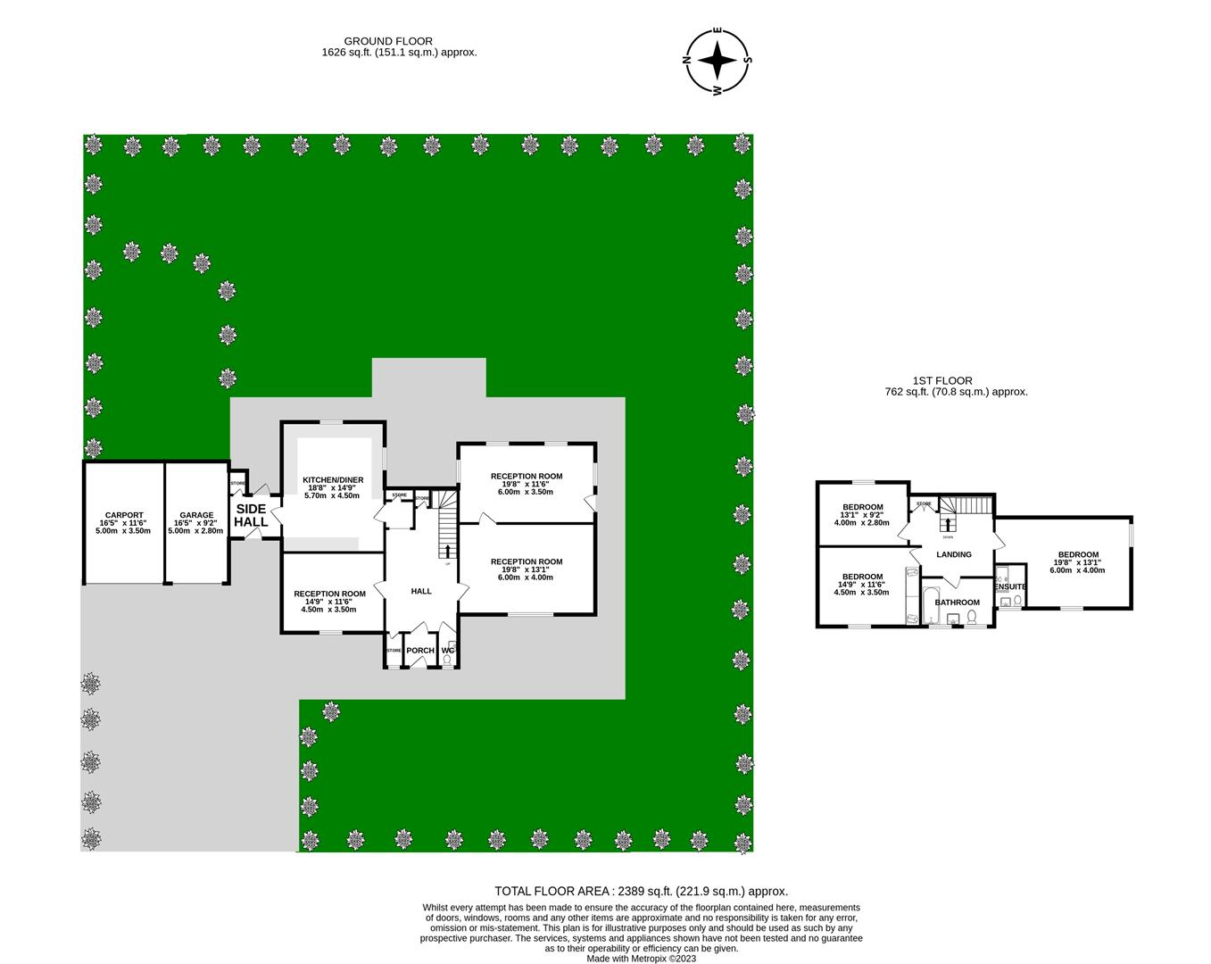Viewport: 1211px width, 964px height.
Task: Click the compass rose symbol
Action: click(717, 61)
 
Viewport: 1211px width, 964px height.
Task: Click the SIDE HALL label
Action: click(251, 515)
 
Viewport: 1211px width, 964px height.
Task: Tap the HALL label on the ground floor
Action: click(420, 591)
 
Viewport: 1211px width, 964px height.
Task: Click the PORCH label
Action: click(419, 651)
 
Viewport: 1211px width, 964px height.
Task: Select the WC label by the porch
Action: click(448, 651)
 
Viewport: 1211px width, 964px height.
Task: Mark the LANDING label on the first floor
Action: click(953, 554)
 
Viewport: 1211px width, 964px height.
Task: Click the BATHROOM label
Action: click(957, 602)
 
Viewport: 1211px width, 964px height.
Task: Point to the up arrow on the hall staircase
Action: click(447, 551)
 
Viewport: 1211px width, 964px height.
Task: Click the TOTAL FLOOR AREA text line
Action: click(641, 891)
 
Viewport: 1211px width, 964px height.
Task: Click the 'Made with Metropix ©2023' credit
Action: click(641, 959)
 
